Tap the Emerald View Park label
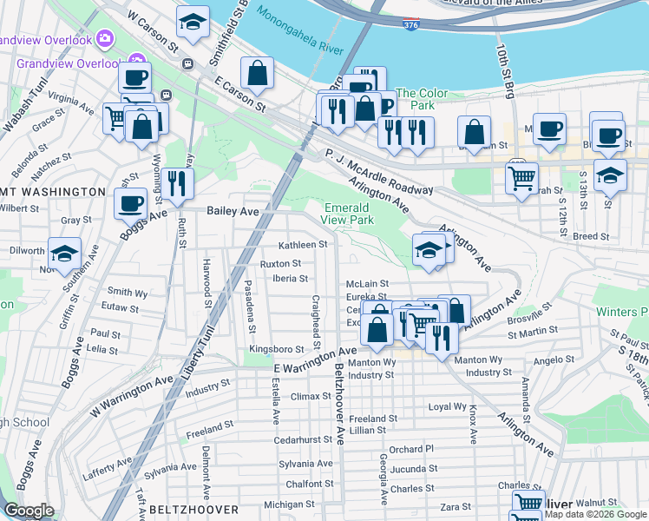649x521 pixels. (348, 214)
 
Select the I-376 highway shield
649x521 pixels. (412, 27)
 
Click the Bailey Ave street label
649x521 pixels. (233, 211)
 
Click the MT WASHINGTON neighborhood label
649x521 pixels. (53, 191)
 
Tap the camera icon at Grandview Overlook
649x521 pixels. (105, 38)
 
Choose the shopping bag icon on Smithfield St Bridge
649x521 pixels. (257, 74)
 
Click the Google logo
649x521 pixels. (29, 511)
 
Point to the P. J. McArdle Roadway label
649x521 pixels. (378, 172)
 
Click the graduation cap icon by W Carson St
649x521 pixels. (193, 23)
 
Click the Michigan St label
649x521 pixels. (290, 505)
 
